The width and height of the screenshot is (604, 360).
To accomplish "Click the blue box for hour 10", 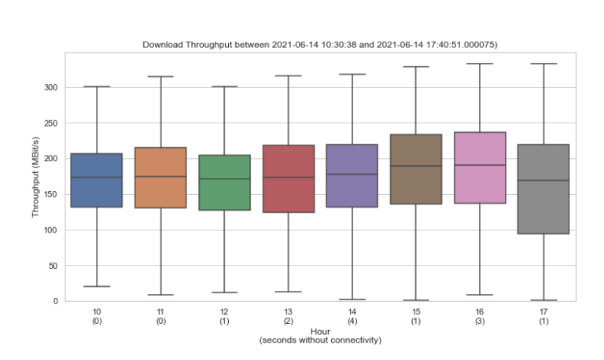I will pos(96,180).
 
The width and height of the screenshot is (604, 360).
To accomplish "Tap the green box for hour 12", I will pos(224,182).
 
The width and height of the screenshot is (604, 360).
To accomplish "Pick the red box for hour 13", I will pos(288,178).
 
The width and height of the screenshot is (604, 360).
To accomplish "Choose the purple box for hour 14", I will pos(352,175).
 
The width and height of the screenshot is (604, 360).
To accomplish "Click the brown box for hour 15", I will pos(416,169).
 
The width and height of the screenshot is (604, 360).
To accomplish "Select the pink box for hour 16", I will pos(480,167).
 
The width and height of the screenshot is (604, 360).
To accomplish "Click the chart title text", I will pos(319,45).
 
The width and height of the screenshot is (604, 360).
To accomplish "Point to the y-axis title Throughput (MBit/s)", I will pos(35,177).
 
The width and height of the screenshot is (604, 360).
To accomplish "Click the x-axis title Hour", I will pos(319,332).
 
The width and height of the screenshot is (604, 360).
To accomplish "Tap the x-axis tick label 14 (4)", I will pos(352,316).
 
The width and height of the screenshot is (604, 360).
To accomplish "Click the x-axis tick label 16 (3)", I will pos(480,316).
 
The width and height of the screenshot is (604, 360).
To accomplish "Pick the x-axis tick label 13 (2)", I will pos(288,316).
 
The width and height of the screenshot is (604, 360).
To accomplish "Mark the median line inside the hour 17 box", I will pos(543,181).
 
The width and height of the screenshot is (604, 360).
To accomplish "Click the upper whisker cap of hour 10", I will pos(96,86).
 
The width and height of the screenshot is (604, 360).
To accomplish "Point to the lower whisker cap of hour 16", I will pos(480,295).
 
